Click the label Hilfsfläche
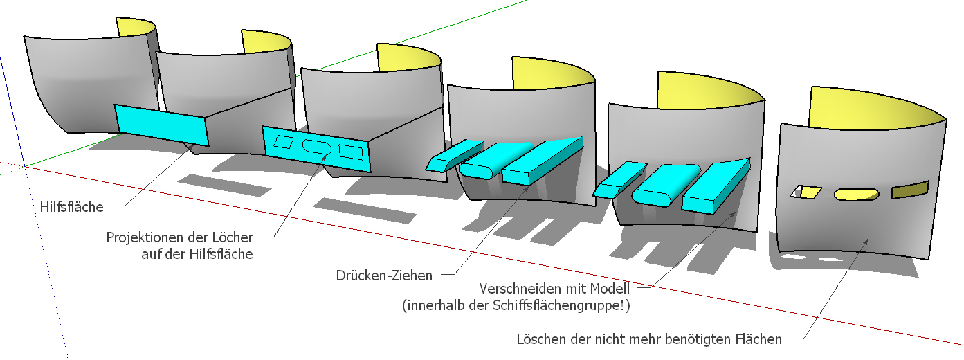(71, 206)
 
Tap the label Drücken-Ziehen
(384, 276)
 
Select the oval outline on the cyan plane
(317, 146)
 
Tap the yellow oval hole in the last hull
(856, 195)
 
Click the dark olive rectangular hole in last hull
(909, 190)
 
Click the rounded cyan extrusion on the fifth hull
(660, 186)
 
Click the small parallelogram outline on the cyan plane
(284, 141)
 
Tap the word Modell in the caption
(607, 287)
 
